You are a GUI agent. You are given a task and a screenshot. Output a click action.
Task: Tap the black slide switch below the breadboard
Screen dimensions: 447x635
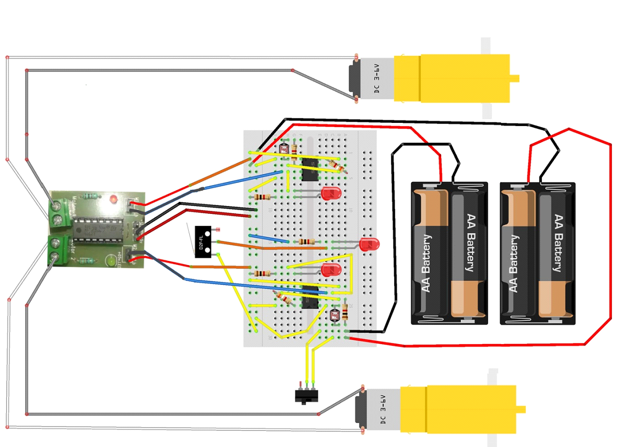coord(306,396)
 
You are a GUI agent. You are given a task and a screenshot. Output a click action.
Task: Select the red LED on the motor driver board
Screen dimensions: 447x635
coord(113,199)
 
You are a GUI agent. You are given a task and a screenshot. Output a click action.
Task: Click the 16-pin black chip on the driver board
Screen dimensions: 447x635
coord(97,230)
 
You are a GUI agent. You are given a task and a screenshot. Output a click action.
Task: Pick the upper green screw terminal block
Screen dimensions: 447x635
coord(61,213)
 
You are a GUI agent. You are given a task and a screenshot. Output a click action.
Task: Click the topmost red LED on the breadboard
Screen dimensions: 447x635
coord(330,194)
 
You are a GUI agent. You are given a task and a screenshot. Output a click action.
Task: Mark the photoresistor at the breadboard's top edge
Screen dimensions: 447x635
coord(285,148)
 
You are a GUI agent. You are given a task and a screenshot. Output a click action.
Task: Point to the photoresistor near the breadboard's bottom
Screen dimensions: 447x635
coord(335,315)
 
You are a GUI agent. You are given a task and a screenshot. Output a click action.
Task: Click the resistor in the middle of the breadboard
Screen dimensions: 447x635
coord(305,242)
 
